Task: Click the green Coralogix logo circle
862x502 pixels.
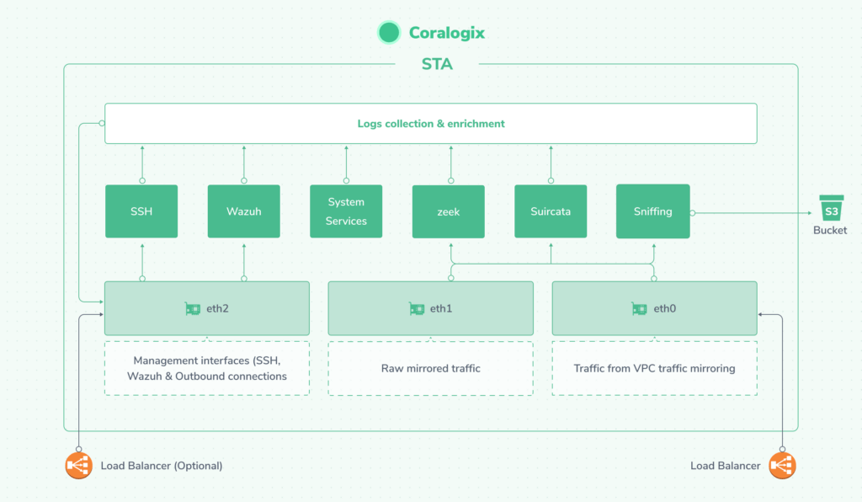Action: (389, 33)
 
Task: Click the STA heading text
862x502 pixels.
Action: (437, 64)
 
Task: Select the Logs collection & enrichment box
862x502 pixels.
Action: (431, 124)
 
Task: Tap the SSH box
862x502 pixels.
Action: (141, 211)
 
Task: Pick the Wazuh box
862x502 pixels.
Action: (243, 211)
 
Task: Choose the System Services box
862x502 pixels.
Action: (346, 211)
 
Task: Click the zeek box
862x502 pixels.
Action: (448, 211)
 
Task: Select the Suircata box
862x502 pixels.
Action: (551, 211)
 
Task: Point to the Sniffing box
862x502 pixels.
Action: (652, 211)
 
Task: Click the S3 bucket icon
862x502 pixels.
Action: (831, 208)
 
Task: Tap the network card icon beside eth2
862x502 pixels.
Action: (193, 309)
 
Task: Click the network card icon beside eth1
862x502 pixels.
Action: (416, 309)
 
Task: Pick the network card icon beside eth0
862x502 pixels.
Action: (639, 309)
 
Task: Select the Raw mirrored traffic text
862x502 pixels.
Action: (430, 368)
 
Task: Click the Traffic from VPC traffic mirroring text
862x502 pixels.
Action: (654, 368)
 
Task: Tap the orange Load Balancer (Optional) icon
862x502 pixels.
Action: (78, 466)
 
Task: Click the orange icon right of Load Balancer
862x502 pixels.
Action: (782, 466)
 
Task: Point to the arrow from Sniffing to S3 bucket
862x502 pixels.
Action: (752, 213)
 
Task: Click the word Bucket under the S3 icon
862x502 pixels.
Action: (830, 231)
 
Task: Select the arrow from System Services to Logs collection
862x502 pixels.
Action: (346, 164)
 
